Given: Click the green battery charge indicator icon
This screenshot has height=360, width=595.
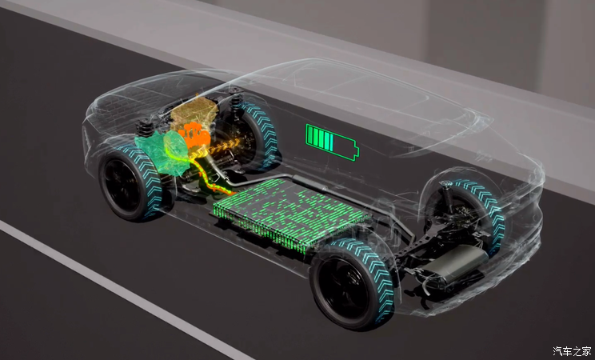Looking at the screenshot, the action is pyautogui.click(x=332, y=142).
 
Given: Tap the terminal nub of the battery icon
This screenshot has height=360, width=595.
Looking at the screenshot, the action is pyautogui.click(x=357, y=150).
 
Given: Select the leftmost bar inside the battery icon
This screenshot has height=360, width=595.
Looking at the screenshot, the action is pyautogui.click(x=309, y=135).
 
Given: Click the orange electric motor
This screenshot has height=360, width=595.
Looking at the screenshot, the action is pyautogui.click(x=194, y=135).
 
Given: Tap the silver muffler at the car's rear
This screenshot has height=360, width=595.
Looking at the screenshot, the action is pyautogui.click(x=453, y=264).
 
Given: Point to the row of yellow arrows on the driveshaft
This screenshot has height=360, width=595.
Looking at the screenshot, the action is pyautogui.click(x=216, y=148).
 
